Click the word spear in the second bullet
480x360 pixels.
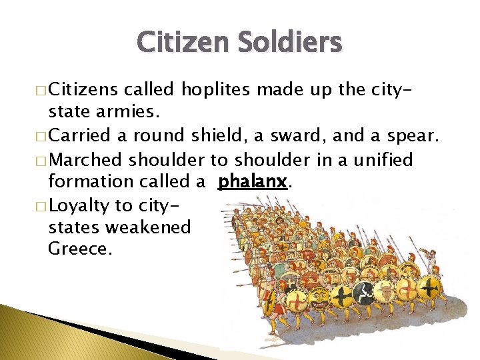[413, 135]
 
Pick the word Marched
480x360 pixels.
[85, 160]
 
